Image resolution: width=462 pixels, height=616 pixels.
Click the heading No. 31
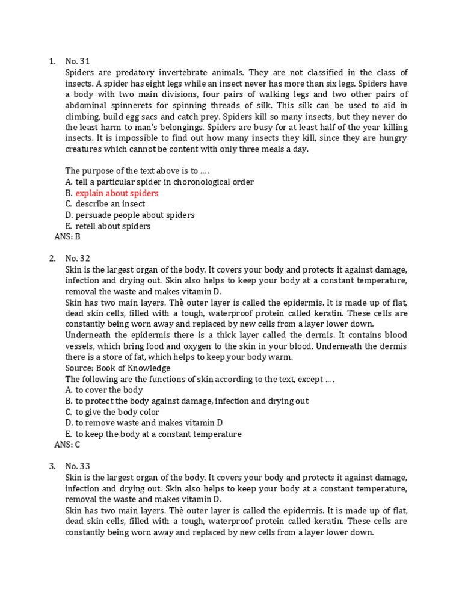tap(77, 61)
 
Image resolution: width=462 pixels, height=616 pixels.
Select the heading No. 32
tap(77, 258)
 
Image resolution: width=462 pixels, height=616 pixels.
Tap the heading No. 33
tap(77, 466)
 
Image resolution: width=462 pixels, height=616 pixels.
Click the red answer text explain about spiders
tap(117, 193)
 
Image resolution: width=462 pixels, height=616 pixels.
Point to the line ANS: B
tap(67, 237)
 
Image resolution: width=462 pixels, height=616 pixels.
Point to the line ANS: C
tap(67, 445)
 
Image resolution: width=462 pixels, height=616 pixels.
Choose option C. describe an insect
tap(105, 204)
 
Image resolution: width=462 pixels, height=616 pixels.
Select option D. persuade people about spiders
tap(129, 215)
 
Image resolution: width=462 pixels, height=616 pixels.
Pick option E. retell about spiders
tap(108, 226)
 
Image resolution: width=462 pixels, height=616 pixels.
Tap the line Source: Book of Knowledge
tap(118, 368)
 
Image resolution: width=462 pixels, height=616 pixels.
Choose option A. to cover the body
tap(104, 390)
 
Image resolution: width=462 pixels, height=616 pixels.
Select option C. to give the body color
tap(112, 412)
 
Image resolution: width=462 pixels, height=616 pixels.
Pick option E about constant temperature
tap(153, 434)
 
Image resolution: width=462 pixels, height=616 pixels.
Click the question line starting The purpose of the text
tap(137, 171)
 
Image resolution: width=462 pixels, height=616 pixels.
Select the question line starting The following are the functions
tap(199, 379)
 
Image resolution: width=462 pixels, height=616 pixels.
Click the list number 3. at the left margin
tap(52, 466)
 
